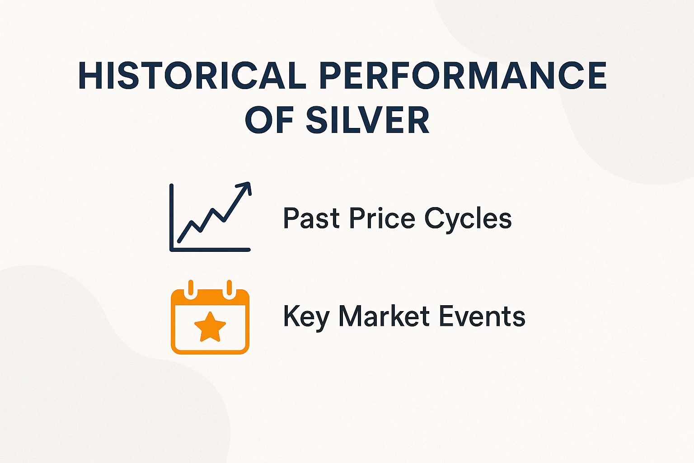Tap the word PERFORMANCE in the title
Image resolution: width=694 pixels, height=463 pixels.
[x=463, y=76]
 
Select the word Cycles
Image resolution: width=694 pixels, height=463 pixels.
[x=468, y=219]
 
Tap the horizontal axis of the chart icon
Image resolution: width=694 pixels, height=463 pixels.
[x=210, y=250]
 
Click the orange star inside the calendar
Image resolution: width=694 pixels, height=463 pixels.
[x=210, y=326]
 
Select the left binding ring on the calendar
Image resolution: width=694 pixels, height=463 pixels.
[x=191, y=288]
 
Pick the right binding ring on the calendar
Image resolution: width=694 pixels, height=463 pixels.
[x=229, y=288]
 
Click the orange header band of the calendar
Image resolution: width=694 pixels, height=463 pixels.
[x=210, y=298]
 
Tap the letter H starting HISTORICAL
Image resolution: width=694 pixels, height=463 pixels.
[x=89, y=76]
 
